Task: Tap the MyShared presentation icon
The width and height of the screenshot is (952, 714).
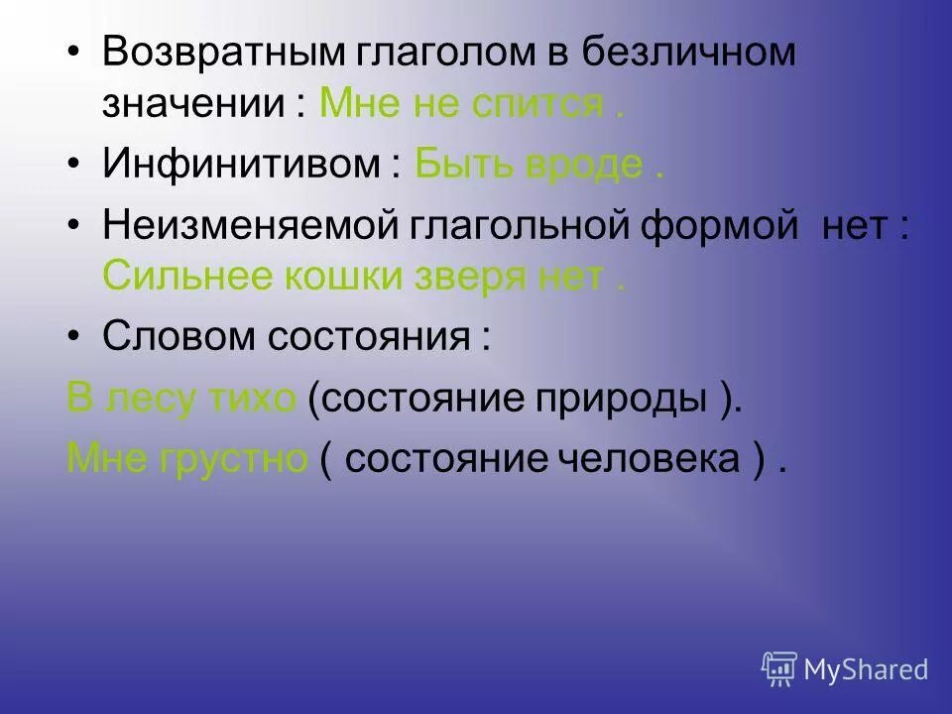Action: click(x=779, y=669)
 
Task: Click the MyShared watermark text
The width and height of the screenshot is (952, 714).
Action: click(x=866, y=670)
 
